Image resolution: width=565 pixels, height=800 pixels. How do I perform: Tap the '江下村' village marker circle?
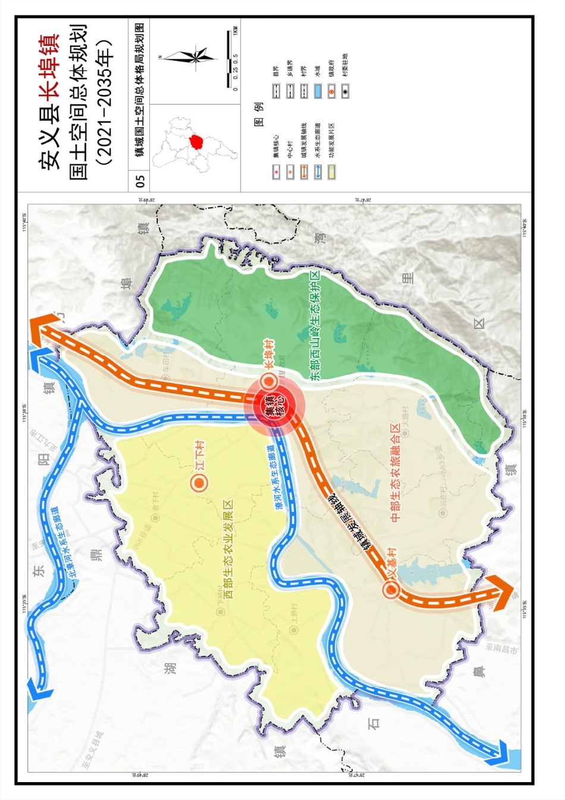pyautogui.click(x=199, y=482)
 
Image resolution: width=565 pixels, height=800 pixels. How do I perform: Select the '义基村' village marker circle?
pyautogui.click(x=391, y=589)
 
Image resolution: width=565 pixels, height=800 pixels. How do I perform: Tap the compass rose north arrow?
pyautogui.click(x=190, y=57)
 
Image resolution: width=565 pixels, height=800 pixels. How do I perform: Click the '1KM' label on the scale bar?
pyautogui.click(x=236, y=30)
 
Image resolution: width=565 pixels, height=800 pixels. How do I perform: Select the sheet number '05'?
pyautogui.click(x=140, y=179)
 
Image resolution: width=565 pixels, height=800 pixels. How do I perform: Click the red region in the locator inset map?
pyautogui.click(x=196, y=142)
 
